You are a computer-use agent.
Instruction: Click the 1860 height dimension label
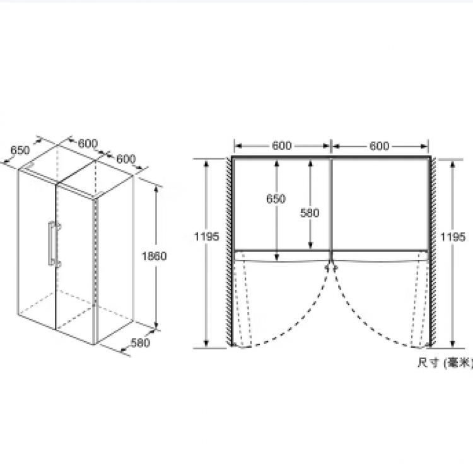click(154, 256)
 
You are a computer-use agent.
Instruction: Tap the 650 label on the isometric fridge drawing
click(20, 150)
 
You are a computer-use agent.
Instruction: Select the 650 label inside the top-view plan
click(276, 199)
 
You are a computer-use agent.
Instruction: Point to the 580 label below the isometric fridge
click(140, 342)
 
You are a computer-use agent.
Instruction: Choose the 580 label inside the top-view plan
click(310, 213)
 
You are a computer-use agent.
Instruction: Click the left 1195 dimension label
click(206, 237)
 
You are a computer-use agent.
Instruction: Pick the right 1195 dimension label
click(453, 237)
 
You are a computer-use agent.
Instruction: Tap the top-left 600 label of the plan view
click(282, 146)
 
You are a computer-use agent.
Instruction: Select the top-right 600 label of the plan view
click(379, 146)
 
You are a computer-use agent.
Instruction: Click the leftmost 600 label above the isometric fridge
click(88, 143)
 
